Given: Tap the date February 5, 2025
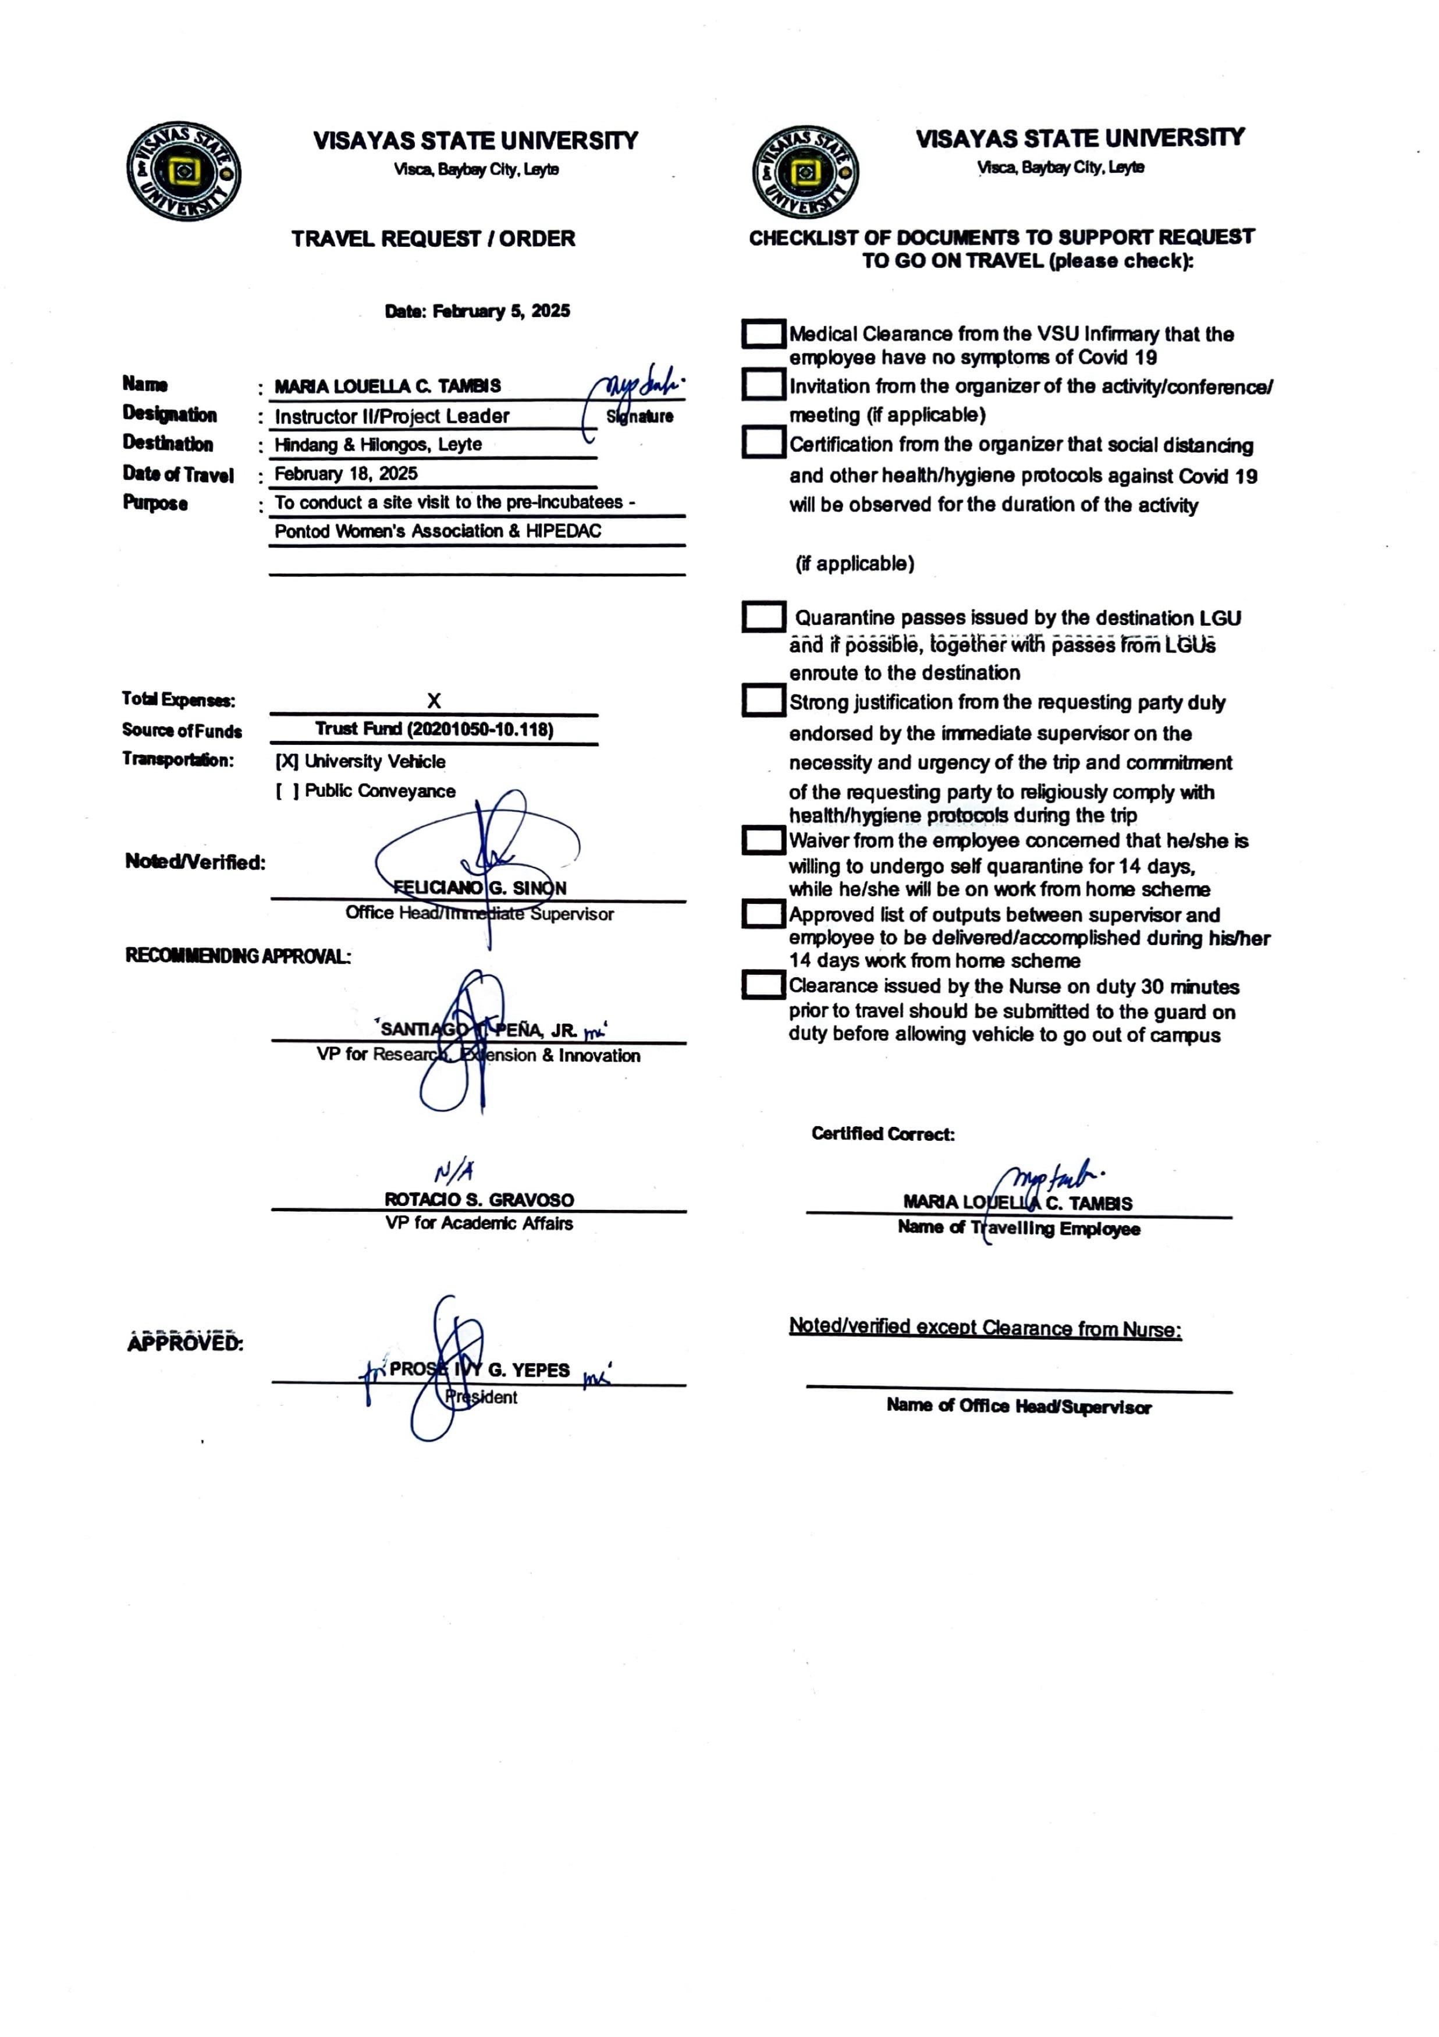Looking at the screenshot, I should [477, 311].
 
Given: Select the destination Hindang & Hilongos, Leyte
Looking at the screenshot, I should [378, 445].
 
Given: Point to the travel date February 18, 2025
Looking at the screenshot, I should [346, 474].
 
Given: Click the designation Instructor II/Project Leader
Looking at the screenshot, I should [391, 416].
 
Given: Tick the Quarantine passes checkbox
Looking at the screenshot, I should [763, 618].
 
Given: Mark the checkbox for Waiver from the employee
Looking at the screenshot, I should [763, 840].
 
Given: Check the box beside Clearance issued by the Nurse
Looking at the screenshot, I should [763, 985].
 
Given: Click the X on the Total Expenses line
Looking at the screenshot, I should [434, 701].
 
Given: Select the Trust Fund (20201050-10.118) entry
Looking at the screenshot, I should [434, 729].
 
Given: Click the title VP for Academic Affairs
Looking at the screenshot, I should [479, 1223].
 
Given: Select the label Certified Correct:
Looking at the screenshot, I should [883, 1134].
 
